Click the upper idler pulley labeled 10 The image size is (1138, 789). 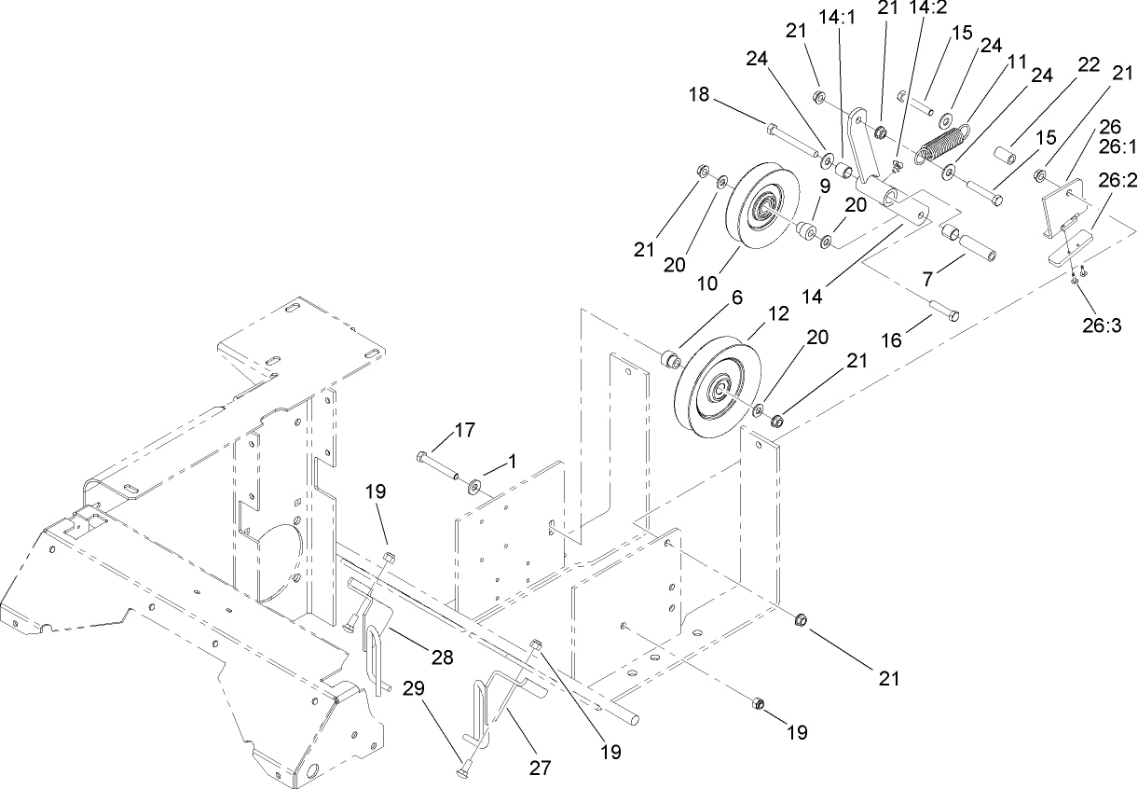(766, 206)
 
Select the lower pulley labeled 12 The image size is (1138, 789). (719, 388)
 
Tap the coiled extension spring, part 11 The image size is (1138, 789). (941, 145)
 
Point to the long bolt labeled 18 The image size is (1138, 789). (793, 136)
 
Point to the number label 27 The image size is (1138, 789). (541, 768)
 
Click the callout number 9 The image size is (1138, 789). (825, 185)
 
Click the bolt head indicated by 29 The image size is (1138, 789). (463, 768)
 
